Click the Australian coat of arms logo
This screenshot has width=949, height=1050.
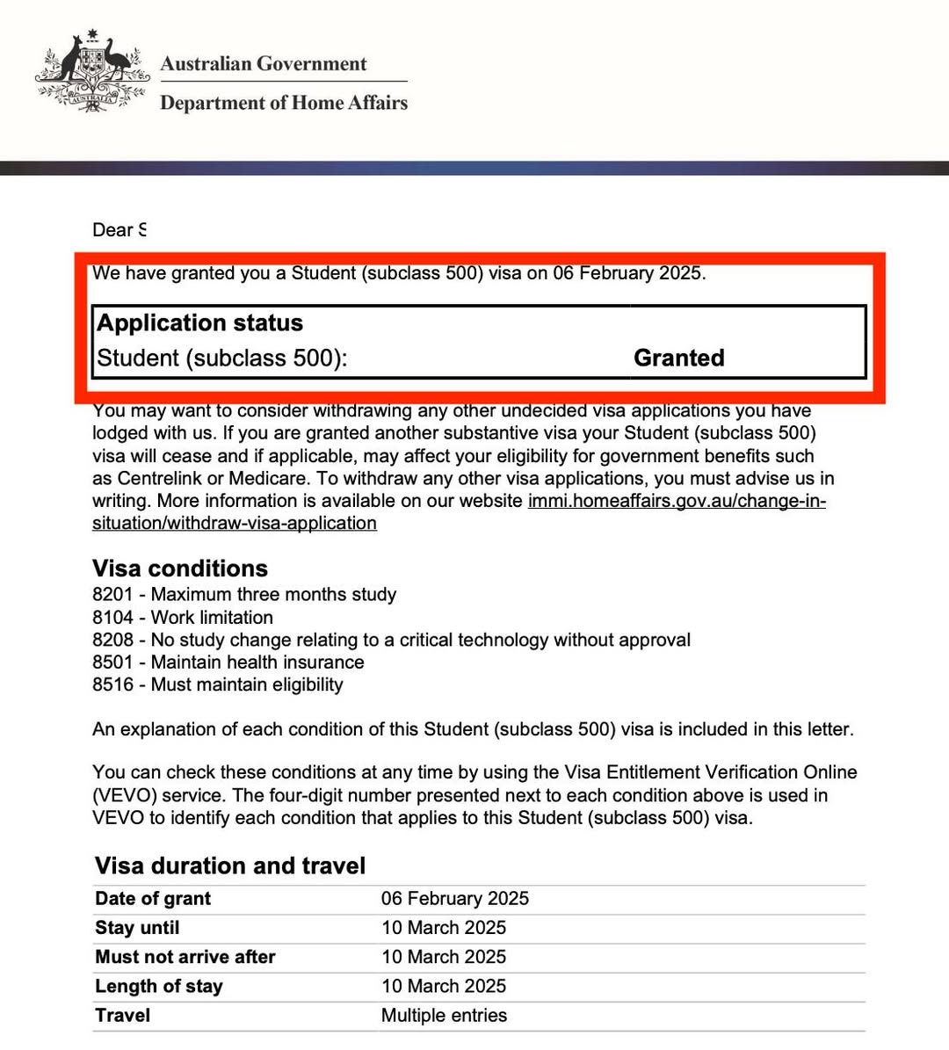coord(91,72)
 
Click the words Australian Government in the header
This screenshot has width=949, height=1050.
coord(263,64)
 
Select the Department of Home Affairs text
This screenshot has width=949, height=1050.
coord(283,103)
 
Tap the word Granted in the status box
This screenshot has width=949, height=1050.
coord(678,358)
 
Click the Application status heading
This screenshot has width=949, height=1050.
coord(199,323)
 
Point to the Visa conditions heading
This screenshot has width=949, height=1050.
coord(179,568)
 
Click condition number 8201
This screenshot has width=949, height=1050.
coord(112,595)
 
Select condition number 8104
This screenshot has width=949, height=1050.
coord(112,618)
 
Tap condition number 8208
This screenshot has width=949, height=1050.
coord(112,640)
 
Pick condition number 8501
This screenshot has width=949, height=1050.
coord(112,663)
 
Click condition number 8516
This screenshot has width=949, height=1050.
coord(112,684)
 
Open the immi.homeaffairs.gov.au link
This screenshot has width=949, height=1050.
coord(676,501)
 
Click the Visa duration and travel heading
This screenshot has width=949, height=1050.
coord(229,866)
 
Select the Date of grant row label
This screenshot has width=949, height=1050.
coord(153,899)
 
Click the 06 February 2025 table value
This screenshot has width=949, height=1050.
coord(454,899)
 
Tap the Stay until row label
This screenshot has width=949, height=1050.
coord(137,928)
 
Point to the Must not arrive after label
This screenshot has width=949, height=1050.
coord(185,957)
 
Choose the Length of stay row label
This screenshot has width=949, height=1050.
coord(159,987)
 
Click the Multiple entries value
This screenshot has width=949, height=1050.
coord(444,1016)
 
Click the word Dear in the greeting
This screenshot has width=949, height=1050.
coord(112,230)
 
